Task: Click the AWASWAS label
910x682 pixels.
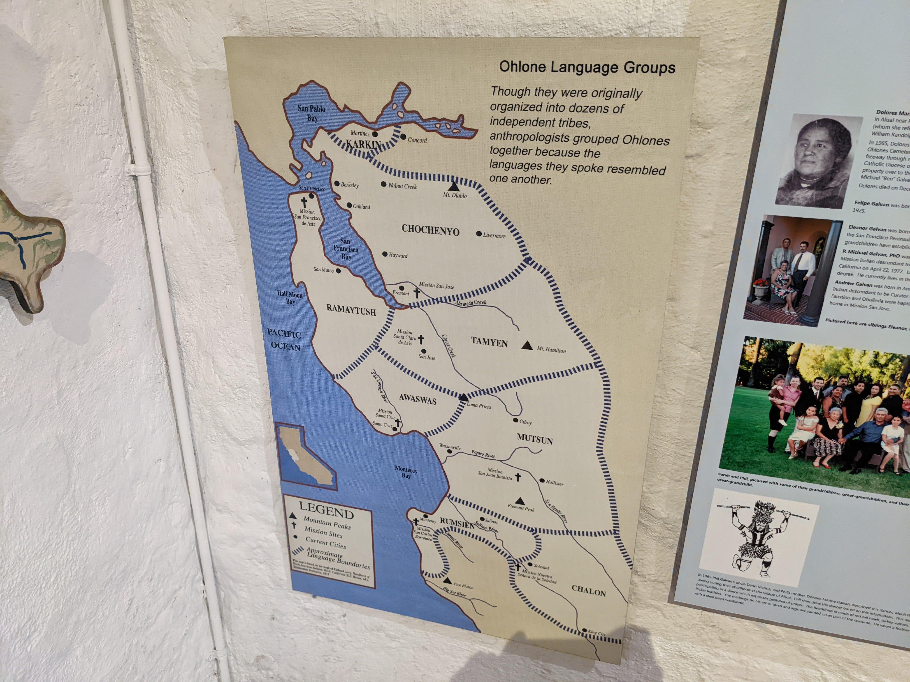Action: (418, 400)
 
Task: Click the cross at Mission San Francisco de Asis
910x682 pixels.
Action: (304, 202)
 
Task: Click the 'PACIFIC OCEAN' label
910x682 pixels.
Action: (284, 340)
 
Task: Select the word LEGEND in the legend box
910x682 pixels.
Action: (326, 511)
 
